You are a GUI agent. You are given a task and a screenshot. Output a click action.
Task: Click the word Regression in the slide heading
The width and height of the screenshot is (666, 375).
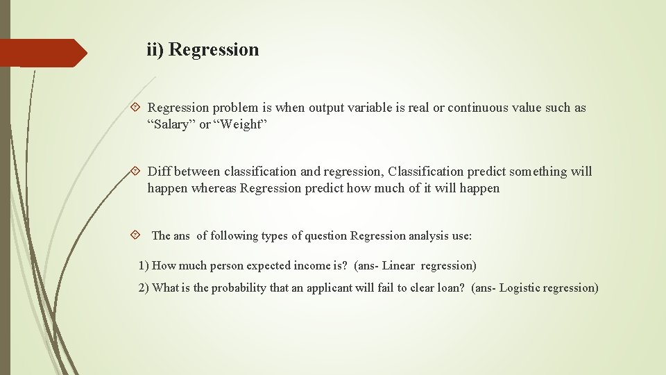click(214, 50)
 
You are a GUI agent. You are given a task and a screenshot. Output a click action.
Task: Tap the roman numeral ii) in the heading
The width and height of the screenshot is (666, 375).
click(155, 50)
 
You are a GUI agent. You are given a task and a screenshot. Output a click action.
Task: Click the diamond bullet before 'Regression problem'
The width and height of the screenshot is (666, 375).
click(135, 108)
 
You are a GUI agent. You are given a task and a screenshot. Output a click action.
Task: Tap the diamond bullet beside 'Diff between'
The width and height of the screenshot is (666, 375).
click(135, 172)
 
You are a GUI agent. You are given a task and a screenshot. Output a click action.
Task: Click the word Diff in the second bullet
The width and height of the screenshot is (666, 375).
click(159, 172)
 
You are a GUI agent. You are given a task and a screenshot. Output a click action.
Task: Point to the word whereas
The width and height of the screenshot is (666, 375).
click(214, 188)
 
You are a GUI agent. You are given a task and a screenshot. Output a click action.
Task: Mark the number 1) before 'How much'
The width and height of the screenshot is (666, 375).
click(144, 265)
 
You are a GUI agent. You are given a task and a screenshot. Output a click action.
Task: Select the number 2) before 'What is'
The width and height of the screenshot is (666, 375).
click(144, 287)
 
